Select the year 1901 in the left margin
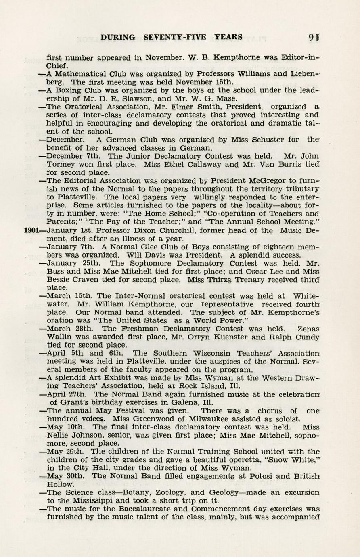point(31,231)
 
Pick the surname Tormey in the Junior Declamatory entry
point(61,165)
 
